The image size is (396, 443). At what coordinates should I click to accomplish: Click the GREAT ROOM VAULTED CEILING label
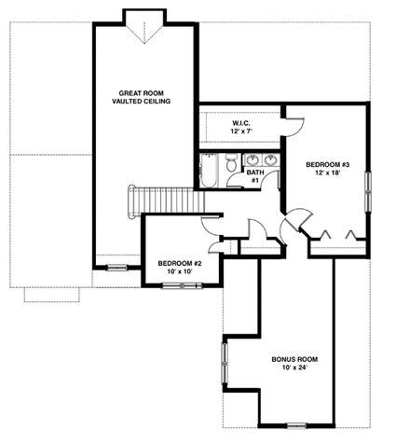pyautogui.click(x=141, y=97)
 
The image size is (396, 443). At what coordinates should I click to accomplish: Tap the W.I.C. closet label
pyautogui.click(x=241, y=123)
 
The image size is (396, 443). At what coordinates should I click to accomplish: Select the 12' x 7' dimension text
pyautogui.click(x=241, y=132)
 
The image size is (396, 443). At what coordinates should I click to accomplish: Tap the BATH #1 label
pyautogui.click(x=255, y=176)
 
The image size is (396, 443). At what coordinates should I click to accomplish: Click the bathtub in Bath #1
pyautogui.click(x=209, y=171)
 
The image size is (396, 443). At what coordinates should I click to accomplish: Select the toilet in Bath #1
pyautogui.click(x=231, y=163)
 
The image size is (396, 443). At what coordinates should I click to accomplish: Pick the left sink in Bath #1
pyautogui.click(x=253, y=160)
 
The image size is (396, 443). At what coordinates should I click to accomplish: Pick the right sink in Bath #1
pyautogui.click(x=270, y=160)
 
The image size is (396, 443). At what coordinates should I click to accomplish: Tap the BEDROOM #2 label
pyautogui.click(x=180, y=264)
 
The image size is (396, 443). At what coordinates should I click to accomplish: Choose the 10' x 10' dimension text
pyautogui.click(x=180, y=271)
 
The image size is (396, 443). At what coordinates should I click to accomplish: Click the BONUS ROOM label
pyautogui.click(x=294, y=359)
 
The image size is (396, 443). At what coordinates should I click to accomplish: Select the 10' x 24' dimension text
pyautogui.click(x=294, y=367)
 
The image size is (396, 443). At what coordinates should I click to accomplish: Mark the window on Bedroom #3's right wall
pyautogui.click(x=368, y=192)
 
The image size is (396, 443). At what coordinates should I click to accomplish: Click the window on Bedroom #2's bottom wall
pyautogui.click(x=183, y=285)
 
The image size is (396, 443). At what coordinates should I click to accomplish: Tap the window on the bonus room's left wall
pyautogui.click(x=225, y=364)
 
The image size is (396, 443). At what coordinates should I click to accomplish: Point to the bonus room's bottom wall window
pyautogui.click(x=296, y=425)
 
